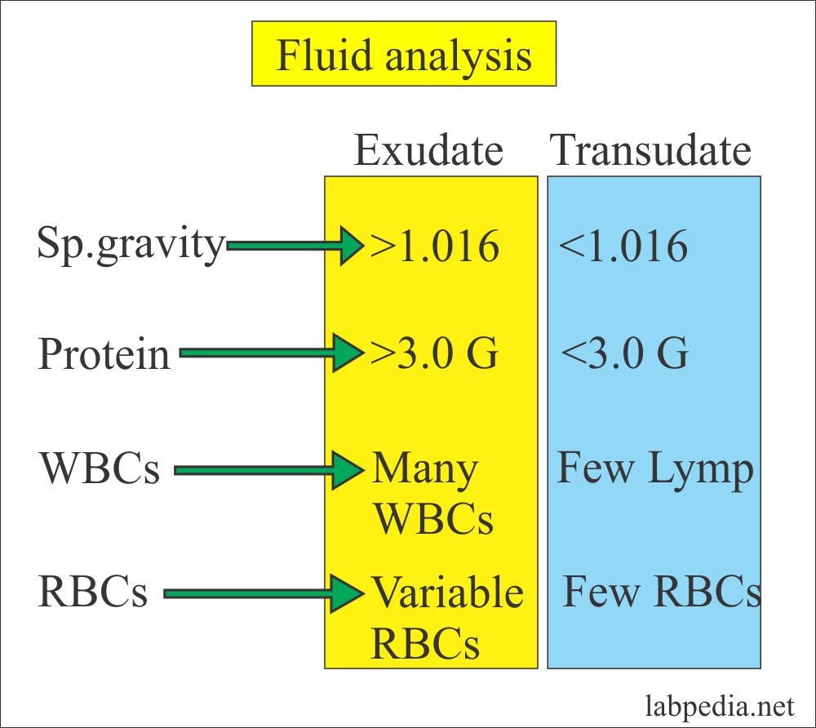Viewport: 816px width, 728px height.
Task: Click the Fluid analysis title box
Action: [404, 55]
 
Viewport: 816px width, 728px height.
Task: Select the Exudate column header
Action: [428, 151]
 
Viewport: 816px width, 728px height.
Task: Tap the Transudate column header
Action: [650, 151]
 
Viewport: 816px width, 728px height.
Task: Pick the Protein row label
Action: [104, 355]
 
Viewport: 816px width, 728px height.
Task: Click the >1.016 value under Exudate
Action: [434, 246]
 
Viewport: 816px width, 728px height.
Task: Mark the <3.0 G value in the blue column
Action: [625, 355]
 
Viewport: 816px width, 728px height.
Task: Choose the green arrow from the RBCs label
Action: [264, 593]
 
